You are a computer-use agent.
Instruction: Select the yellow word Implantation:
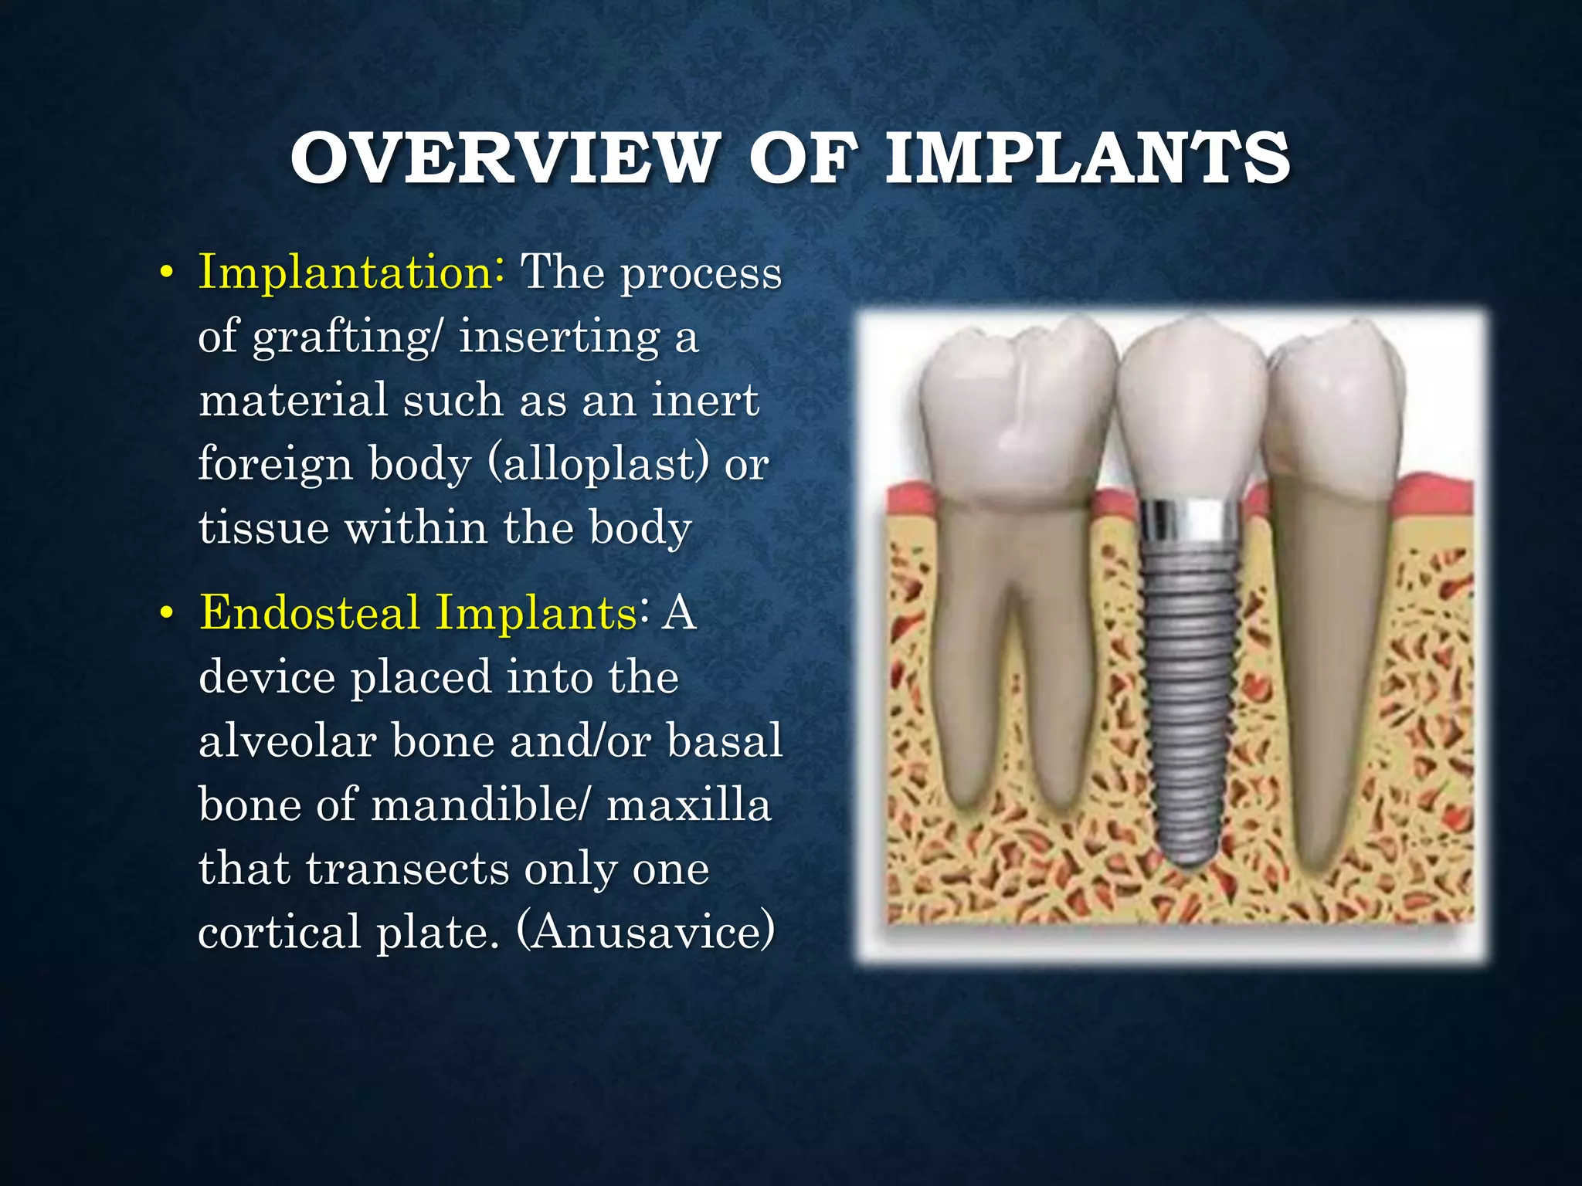point(352,272)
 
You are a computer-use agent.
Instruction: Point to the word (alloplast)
point(599,464)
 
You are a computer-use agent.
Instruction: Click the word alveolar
point(287,740)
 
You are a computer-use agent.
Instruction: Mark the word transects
point(407,868)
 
